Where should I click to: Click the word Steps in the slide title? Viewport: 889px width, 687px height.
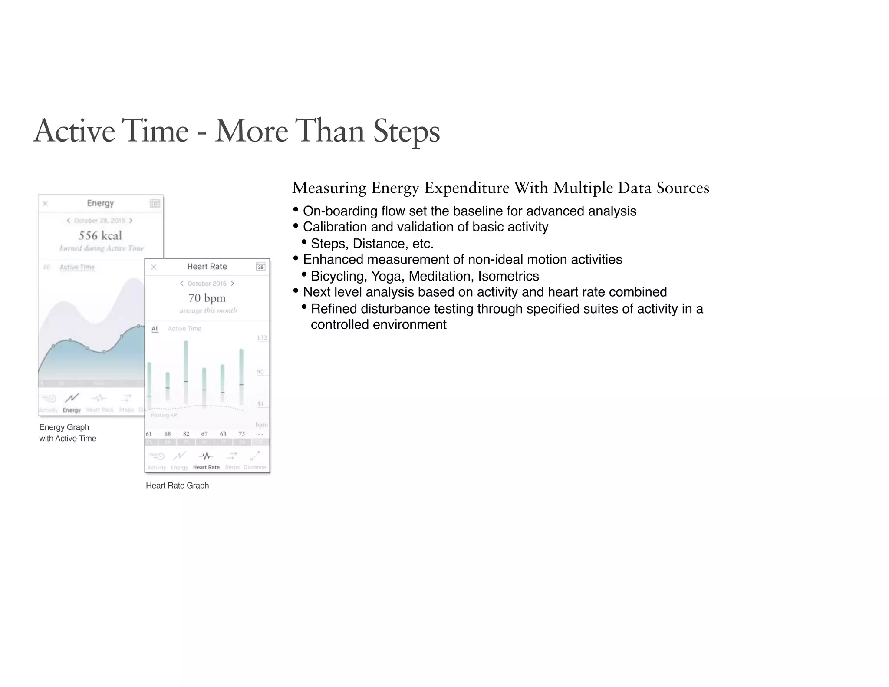(x=406, y=131)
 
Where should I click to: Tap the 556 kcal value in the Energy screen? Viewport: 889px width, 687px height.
(x=100, y=235)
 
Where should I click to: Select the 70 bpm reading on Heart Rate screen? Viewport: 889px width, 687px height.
(x=207, y=298)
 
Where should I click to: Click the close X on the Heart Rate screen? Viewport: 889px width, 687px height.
(x=154, y=267)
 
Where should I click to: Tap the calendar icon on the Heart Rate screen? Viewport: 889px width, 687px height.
(x=260, y=267)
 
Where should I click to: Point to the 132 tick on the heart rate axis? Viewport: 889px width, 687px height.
(x=262, y=337)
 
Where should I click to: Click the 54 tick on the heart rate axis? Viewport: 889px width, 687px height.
(x=260, y=404)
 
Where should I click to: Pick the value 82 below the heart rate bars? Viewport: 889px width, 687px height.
(x=186, y=433)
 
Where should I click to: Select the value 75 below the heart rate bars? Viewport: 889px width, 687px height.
(x=242, y=433)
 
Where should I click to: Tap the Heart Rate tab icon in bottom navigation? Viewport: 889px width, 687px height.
(x=206, y=456)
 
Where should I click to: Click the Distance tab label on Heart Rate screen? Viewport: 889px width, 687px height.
(x=255, y=467)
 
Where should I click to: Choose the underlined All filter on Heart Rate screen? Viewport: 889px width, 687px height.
(x=155, y=329)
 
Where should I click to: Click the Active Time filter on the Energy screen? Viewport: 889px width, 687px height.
(x=77, y=267)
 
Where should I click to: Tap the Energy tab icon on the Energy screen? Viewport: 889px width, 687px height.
(x=72, y=398)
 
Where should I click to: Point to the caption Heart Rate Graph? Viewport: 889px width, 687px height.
(x=177, y=486)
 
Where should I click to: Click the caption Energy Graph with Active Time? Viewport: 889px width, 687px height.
(x=67, y=433)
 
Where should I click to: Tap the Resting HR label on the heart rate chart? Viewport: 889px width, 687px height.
(x=164, y=415)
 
